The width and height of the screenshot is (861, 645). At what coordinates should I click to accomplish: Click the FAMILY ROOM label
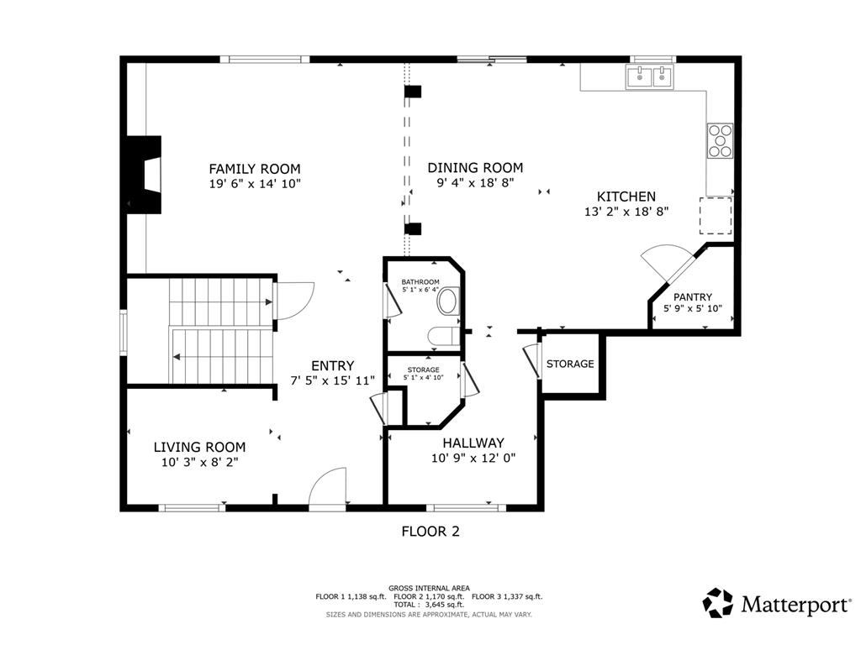pos(255,169)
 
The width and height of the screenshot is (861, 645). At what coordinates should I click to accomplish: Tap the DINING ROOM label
pos(476,168)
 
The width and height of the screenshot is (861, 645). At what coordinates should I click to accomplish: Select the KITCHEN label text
pos(626,197)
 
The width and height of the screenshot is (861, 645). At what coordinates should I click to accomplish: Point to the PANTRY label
pos(693,296)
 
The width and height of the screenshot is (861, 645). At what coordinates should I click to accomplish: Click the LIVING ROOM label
pos(199,447)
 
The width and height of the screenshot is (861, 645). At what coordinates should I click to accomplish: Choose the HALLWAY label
pos(473,443)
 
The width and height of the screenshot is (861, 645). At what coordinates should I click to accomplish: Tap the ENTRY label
pos(333,366)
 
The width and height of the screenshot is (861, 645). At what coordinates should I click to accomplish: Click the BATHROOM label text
pos(420,282)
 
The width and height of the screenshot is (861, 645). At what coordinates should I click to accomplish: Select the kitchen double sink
pos(650,76)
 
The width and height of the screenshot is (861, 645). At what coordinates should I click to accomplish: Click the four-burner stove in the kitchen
pos(720,141)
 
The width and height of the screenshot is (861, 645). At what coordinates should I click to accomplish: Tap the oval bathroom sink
pos(448,302)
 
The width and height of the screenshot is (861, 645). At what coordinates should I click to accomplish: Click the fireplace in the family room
pos(144,175)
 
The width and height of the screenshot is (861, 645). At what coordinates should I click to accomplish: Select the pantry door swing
pos(667,262)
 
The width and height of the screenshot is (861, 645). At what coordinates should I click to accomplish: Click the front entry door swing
pos(328,486)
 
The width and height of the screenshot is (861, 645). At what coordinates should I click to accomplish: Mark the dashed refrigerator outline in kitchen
pos(716,216)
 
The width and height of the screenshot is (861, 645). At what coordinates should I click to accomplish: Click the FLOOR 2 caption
pos(430,532)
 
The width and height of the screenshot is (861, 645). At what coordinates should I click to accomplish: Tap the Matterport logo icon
pos(718,603)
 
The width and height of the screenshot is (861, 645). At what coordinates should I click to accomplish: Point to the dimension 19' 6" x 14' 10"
pos(255,184)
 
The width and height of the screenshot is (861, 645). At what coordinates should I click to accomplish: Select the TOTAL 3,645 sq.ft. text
pos(429,605)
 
